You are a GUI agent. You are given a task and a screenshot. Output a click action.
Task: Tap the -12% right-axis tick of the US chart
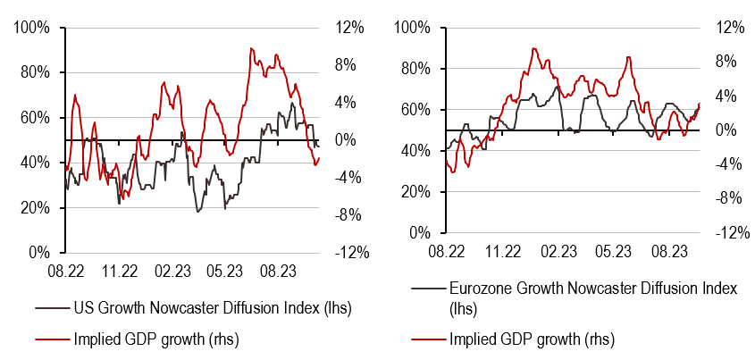coord(349,254)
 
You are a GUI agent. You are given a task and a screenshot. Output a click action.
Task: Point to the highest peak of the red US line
coord(251,48)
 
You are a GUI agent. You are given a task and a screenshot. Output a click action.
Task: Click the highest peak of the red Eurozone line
coord(533,48)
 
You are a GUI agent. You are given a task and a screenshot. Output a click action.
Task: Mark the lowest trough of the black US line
coord(198,211)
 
